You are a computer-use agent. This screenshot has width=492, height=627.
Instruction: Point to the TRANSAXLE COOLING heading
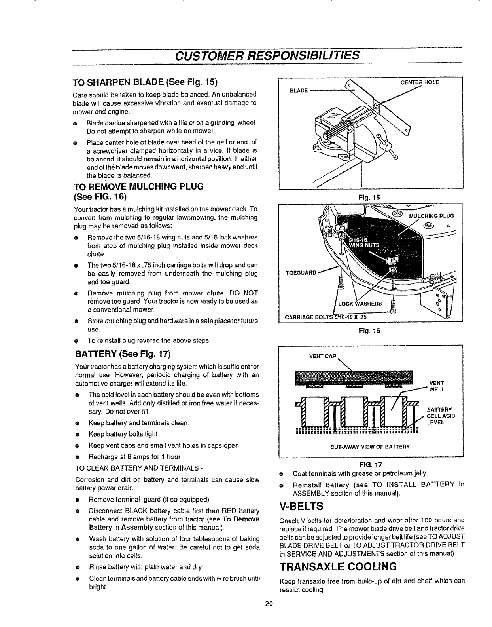(x=338, y=567)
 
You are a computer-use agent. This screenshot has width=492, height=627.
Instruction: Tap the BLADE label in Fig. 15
(x=299, y=90)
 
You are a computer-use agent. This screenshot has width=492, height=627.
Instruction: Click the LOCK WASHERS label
(x=360, y=304)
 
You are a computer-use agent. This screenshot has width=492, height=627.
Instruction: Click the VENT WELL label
(x=436, y=386)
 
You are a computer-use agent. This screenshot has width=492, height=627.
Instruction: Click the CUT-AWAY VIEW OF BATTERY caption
(x=370, y=446)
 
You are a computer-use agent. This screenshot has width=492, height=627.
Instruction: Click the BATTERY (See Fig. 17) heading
(x=123, y=353)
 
